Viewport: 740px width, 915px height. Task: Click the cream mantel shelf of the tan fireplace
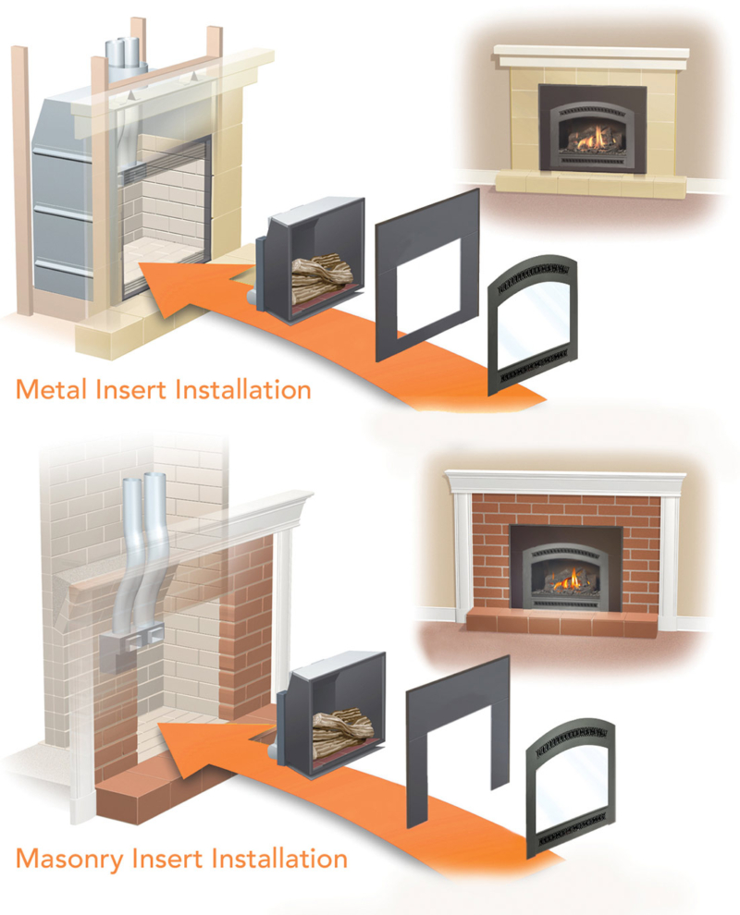pyautogui.click(x=592, y=55)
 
